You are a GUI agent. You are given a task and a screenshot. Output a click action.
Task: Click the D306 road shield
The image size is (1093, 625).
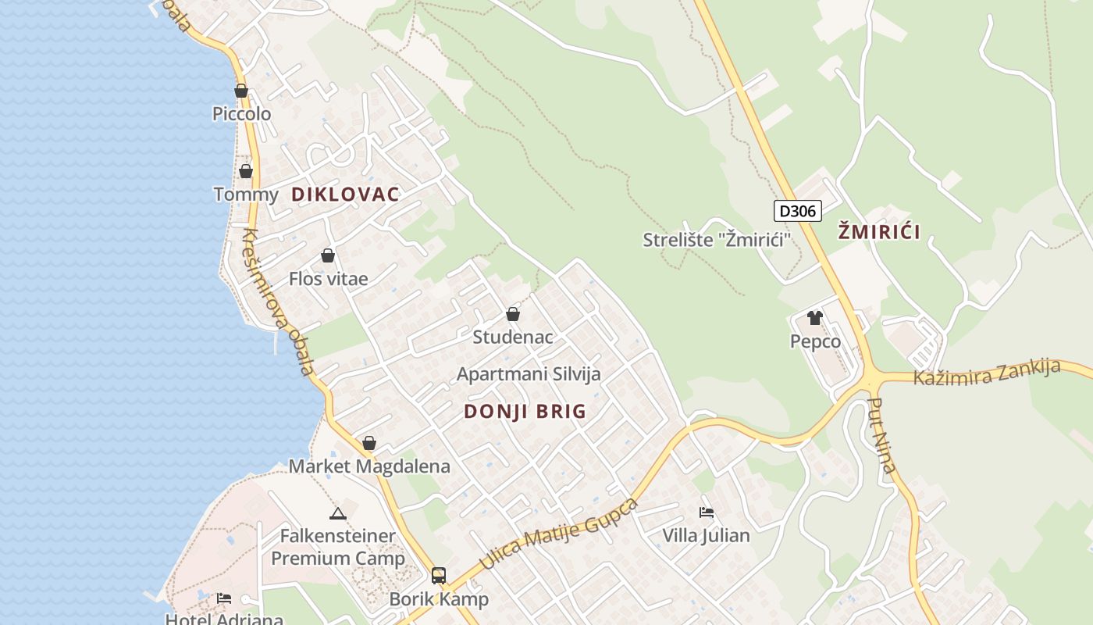click(x=798, y=211)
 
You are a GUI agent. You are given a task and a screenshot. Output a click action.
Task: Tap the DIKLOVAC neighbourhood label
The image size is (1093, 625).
click(x=345, y=195)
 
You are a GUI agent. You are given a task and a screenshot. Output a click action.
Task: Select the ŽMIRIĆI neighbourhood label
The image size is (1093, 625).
click(x=878, y=231)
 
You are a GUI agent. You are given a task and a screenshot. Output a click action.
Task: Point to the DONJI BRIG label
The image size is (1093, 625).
click(x=525, y=412)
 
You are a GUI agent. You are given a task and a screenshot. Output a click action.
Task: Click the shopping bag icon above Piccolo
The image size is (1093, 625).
click(x=241, y=91)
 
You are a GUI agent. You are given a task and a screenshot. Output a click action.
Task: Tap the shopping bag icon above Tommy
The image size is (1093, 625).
click(x=246, y=171)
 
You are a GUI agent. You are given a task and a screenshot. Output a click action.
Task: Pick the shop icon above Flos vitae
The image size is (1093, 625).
click(x=328, y=255)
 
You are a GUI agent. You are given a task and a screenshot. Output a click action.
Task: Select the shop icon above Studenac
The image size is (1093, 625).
click(x=513, y=314)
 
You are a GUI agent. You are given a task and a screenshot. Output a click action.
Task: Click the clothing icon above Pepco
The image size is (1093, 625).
click(x=815, y=318)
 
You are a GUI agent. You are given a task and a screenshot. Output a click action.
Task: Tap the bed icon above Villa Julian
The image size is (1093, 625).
click(x=707, y=512)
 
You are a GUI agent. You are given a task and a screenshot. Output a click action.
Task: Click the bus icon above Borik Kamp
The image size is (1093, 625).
click(x=439, y=576)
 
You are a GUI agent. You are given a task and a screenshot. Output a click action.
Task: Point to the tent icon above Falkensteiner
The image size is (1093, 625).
click(x=337, y=513)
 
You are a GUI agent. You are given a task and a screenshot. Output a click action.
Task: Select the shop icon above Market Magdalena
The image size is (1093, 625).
click(x=369, y=443)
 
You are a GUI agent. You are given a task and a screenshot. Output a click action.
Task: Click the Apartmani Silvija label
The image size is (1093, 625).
click(x=529, y=373)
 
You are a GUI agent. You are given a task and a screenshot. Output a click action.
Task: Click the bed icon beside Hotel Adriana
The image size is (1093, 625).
click(x=224, y=598)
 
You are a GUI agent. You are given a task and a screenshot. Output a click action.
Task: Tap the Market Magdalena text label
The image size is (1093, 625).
click(x=369, y=466)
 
